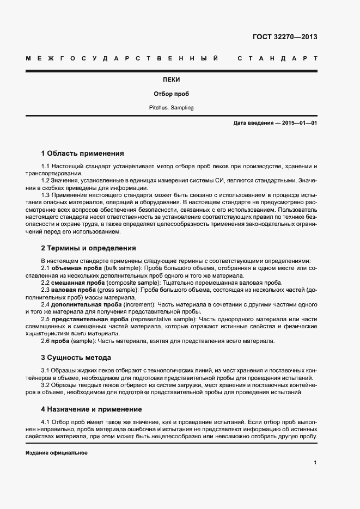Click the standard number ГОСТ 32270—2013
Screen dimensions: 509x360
pos(285,37)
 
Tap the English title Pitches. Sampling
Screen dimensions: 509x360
pos(171,108)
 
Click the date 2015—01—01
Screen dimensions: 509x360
pos(297,123)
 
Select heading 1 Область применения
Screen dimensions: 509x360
pos(83,154)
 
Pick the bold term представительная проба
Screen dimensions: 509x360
pos(89,319)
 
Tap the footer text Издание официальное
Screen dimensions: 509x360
pos(56,453)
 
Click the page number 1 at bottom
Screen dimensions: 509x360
pos(315,463)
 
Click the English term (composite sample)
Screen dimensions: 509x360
pos(133,283)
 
